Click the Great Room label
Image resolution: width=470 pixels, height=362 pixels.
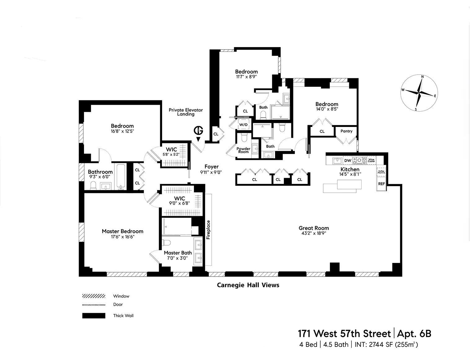pos(314,228)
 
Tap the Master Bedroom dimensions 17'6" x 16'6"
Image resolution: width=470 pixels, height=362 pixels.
pos(122,237)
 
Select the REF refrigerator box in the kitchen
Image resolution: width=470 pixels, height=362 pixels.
pos(381,184)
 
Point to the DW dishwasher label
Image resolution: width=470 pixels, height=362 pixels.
pos(348,160)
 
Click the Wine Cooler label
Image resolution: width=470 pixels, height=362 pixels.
pos(371,160)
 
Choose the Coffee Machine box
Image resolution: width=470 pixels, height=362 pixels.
pos(381,172)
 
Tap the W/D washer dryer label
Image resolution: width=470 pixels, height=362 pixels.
pos(243,125)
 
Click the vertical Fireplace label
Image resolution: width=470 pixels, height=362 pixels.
pos(208,229)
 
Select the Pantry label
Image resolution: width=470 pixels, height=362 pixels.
pos(346,131)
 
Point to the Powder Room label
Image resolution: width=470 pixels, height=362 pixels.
pos(244,150)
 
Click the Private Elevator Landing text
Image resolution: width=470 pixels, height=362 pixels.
pos(186,112)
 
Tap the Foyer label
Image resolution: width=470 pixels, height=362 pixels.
pos(212,167)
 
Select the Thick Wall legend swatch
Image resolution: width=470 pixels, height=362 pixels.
pos(94,316)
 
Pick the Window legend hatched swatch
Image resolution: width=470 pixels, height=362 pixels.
pos(94,296)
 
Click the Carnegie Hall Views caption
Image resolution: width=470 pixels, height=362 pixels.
pos(248,285)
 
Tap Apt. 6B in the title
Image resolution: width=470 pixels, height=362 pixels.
pos(414,334)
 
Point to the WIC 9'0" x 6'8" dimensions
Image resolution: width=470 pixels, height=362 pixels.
pos(179,204)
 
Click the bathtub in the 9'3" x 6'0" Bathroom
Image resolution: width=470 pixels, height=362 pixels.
pos(121,177)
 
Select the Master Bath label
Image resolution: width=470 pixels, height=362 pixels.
pos(178,253)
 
